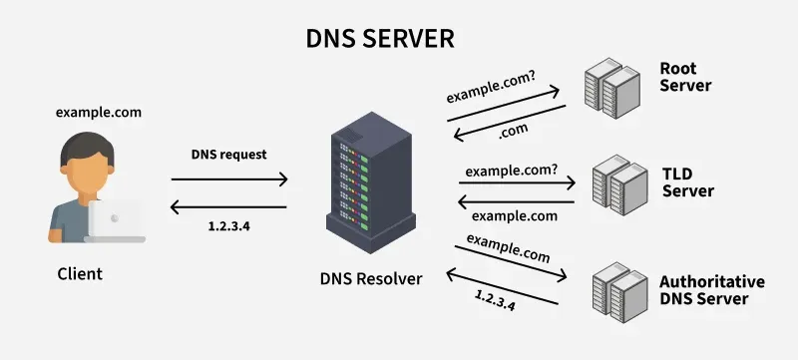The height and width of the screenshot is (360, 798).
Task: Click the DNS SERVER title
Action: (x=379, y=39)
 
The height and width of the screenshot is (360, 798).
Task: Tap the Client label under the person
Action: (x=79, y=272)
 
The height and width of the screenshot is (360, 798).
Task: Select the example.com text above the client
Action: (x=99, y=113)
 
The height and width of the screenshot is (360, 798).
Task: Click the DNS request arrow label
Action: (x=228, y=156)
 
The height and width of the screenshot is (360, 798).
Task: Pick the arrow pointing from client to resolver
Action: (x=228, y=180)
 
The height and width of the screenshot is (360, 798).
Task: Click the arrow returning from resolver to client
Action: (x=228, y=207)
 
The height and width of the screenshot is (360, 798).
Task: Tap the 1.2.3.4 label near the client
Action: (x=228, y=226)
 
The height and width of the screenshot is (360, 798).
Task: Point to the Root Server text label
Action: (x=685, y=77)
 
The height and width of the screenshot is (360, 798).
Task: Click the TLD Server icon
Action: (x=615, y=187)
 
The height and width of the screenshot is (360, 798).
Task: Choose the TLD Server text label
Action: (x=687, y=181)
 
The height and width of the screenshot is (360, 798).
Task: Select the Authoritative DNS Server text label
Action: (x=711, y=290)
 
